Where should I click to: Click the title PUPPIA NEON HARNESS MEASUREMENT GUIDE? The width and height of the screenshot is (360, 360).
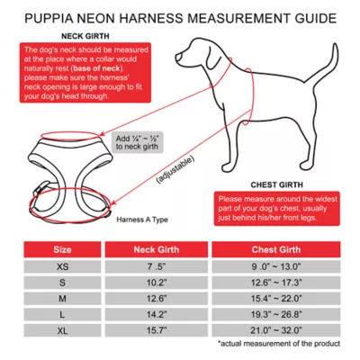point(180,17)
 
